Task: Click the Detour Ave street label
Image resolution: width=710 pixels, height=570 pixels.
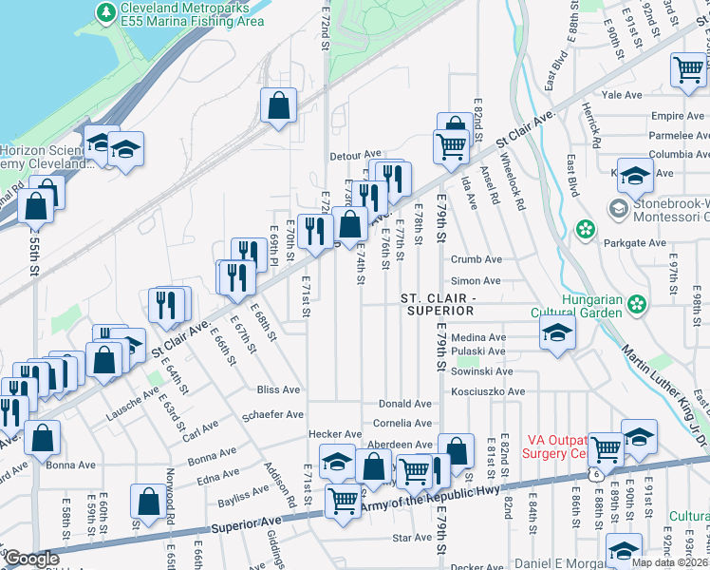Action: [354, 155]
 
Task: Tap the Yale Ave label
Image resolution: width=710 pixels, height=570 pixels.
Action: [622, 95]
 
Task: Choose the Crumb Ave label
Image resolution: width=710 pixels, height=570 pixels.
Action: [476, 259]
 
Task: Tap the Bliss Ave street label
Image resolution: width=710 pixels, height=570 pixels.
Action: [278, 389]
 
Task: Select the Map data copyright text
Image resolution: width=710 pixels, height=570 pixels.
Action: [669, 562]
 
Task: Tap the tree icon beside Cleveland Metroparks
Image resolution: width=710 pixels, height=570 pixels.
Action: [107, 11]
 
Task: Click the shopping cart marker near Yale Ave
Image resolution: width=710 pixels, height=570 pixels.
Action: [687, 68]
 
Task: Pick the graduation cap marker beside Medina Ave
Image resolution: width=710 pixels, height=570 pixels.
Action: [557, 333]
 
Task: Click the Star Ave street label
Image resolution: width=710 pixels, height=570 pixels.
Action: [411, 538]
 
